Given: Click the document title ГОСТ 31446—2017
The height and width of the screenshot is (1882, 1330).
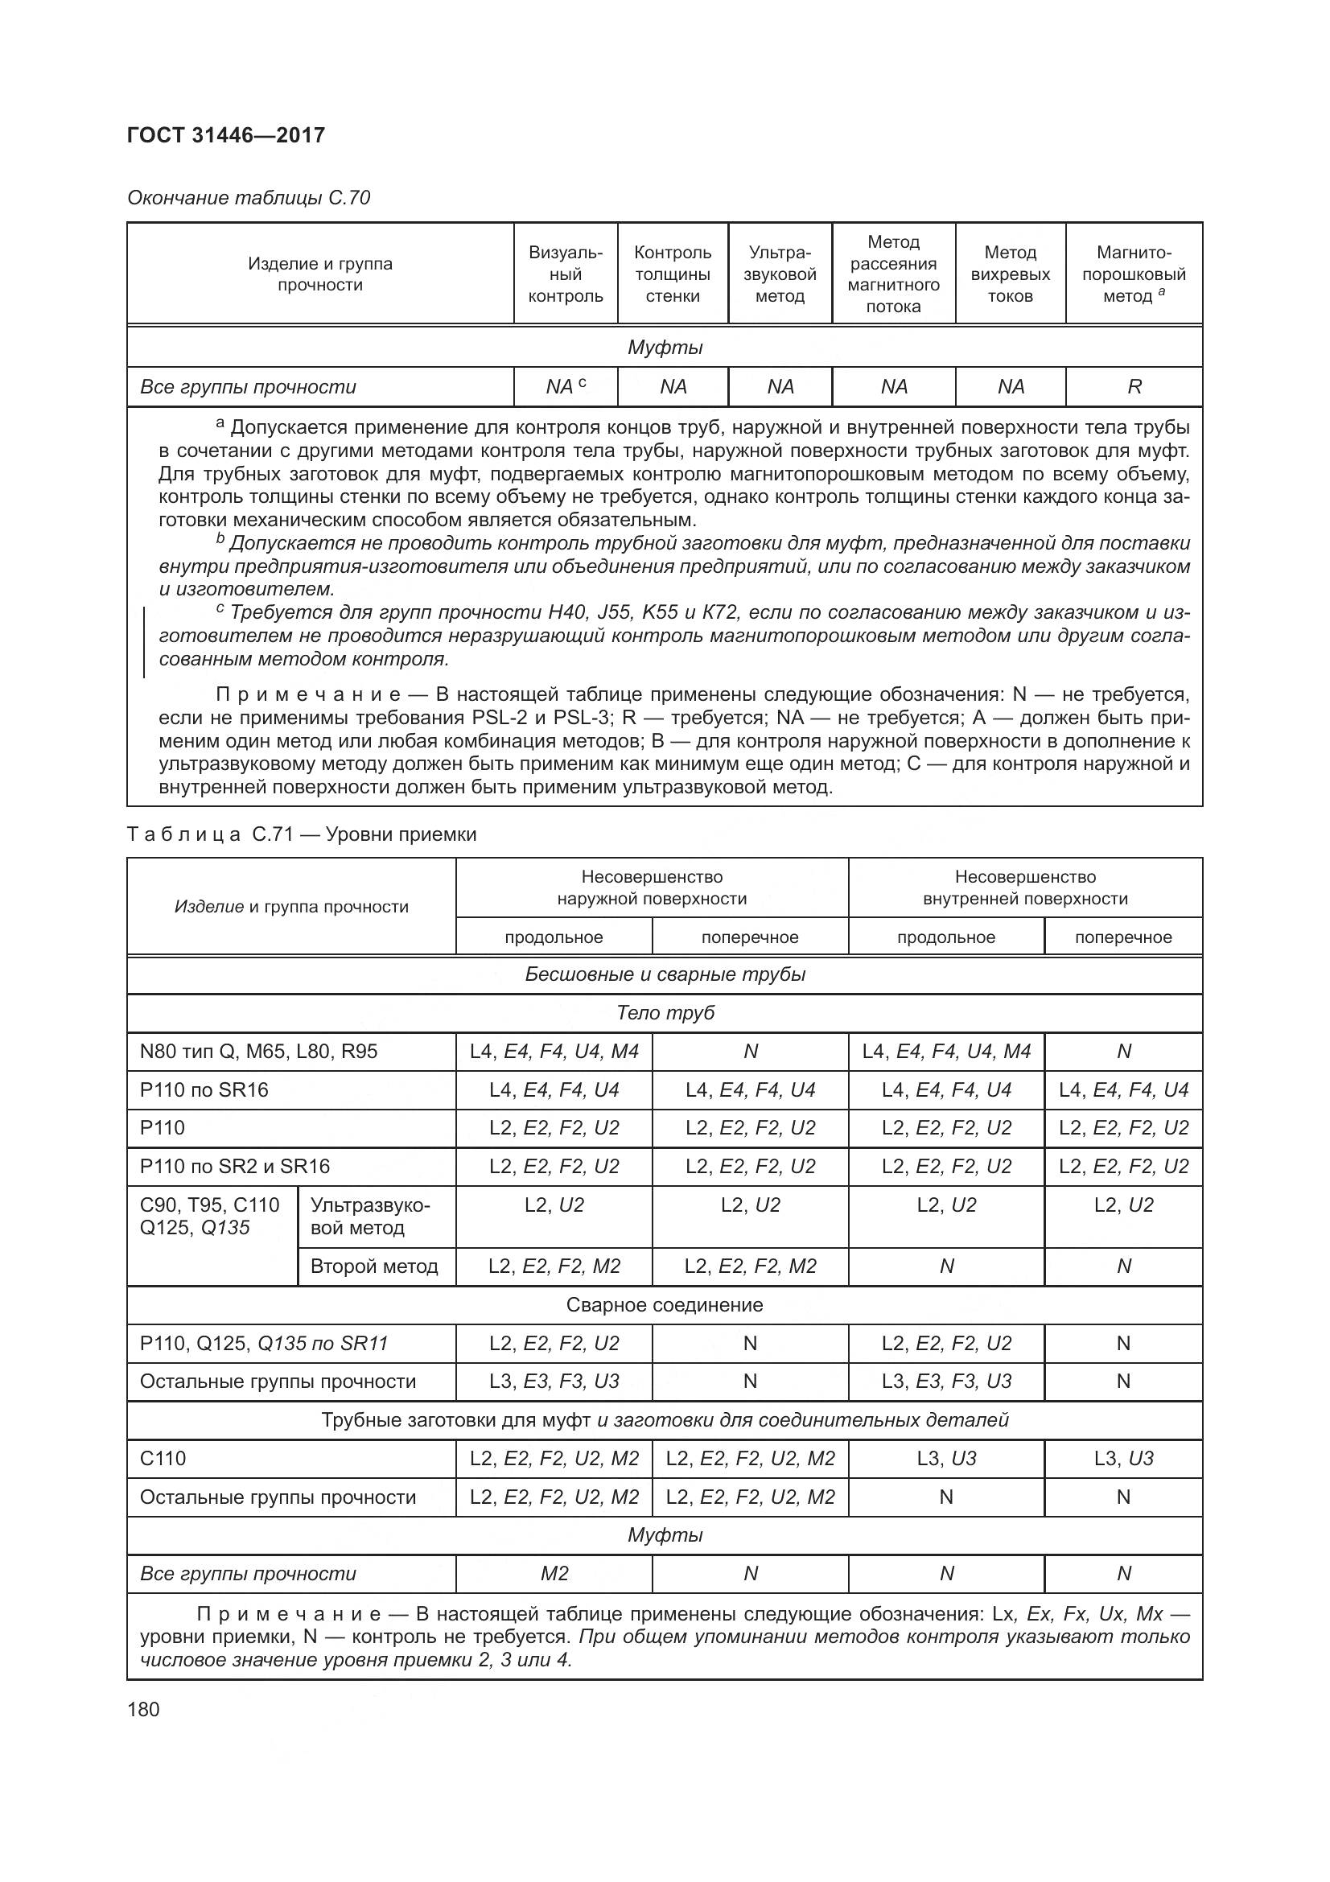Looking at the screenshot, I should pyautogui.click(x=226, y=135).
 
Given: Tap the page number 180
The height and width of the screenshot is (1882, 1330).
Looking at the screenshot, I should pyautogui.click(x=143, y=1709).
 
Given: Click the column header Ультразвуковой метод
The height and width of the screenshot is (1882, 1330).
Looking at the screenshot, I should pyautogui.click(x=780, y=274).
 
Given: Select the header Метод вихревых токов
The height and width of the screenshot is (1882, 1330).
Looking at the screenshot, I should pyautogui.click(x=1010, y=274).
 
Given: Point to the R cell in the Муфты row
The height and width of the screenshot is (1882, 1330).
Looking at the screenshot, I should pyautogui.click(x=1134, y=387).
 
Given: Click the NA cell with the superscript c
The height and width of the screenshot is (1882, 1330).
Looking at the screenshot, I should pyautogui.click(x=566, y=387).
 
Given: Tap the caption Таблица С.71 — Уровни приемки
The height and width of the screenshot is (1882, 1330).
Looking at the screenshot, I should pyautogui.click(x=302, y=834).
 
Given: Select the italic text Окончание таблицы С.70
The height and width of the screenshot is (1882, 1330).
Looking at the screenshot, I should pyautogui.click(x=249, y=198).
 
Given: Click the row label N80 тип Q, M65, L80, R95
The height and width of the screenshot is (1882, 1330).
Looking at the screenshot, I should pyautogui.click(x=259, y=1052).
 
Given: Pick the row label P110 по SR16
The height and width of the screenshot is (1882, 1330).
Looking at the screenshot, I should pyautogui.click(x=204, y=1090).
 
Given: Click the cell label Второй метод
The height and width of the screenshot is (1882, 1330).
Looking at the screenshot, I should pyautogui.click(x=374, y=1266).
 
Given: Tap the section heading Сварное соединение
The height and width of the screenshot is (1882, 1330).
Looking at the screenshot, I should pyautogui.click(x=665, y=1305).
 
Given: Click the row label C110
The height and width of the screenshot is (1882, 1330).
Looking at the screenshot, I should pyautogui.click(x=163, y=1458).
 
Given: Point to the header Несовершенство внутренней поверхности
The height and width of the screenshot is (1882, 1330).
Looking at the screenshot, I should pyautogui.click(x=1025, y=887).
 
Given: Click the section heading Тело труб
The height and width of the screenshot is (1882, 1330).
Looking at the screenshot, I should pyautogui.click(x=665, y=1013).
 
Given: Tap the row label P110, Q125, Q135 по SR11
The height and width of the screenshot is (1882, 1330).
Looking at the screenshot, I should pyautogui.click(x=264, y=1344).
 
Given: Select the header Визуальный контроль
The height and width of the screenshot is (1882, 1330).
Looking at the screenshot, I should pyautogui.click(x=566, y=274).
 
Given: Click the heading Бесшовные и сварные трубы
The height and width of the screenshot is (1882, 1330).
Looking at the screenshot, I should pyautogui.click(x=665, y=974).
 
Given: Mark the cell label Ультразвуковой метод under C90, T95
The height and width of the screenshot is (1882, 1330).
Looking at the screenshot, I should pyautogui.click(x=369, y=1217).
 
